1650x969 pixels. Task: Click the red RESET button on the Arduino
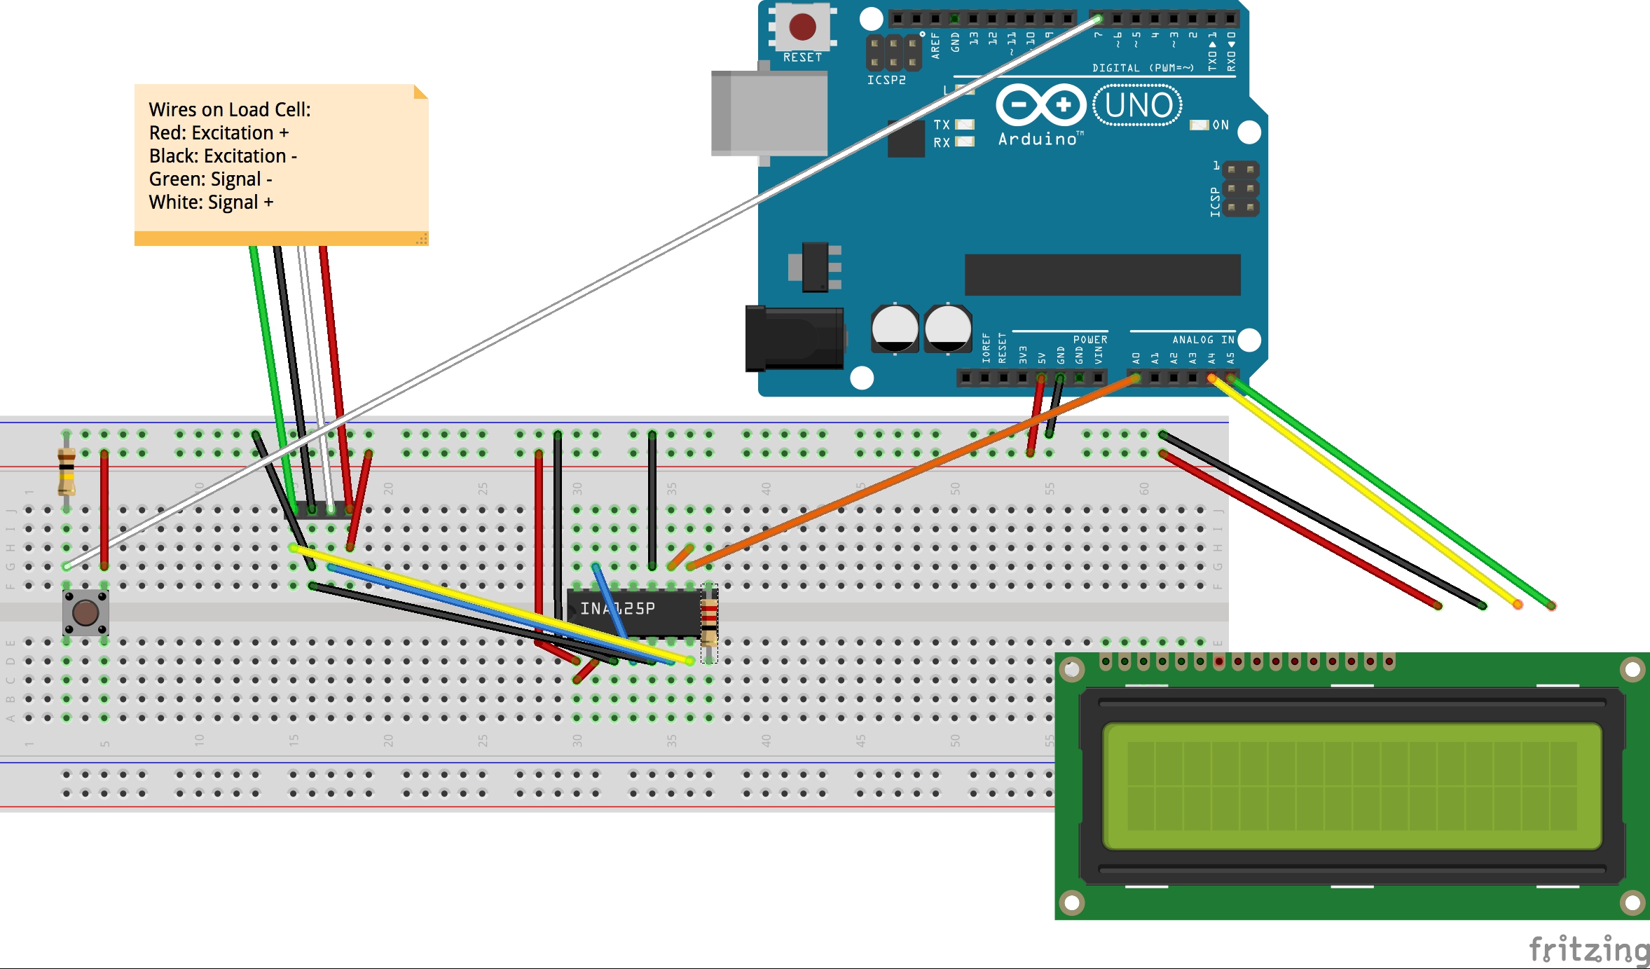pyautogui.click(x=802, y=27)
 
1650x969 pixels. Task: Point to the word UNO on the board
pyautogui.click(x=1139, y=106)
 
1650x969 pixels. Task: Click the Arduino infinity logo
pyautogui.click(x=1040, y=105)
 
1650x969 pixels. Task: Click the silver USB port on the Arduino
pyautogui.click(x=769, y=113)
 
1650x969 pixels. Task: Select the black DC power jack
pyautogui.click(x=794, y=338)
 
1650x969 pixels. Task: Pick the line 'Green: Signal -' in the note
pyautogui.click(x=210, y=179)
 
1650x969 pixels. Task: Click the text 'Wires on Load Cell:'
pyautogui.click(x=229, y=110)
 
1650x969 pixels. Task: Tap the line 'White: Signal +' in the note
pyautogui.click(x=211, y=202)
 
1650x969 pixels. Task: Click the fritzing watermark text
pyautogui.click(x=1588, y=950)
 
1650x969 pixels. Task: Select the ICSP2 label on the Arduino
pyautogui.click(x=886, y=80)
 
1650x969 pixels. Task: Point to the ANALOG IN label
pyautogui.click(x=1203, y=340)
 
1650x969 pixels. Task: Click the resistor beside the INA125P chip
pyautogui.click(x=709, y=621)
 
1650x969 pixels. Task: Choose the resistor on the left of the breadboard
pyautogui.click(x=67, y=471)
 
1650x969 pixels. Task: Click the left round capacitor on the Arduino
pyautogui.click(x=895, y=328)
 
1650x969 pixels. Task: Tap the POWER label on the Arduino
pyautogui.click(x=1090, y=340)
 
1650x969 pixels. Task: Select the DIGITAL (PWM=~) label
pyautogui.click(x=1142, y=68)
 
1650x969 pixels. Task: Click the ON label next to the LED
pyautogui.click(x=1221, y=125)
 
